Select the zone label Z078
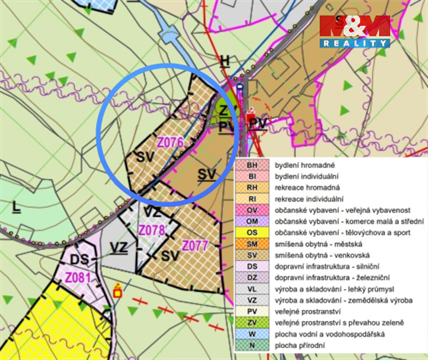[151, 230]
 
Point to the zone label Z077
[194, 245]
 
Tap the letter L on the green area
[17, 208]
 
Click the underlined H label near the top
[225, 62]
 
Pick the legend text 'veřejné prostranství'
[311, 310]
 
